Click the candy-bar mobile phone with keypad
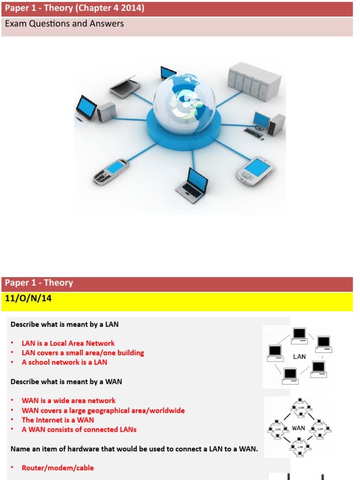111,171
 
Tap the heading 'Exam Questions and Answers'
64,23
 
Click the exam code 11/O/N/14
28,299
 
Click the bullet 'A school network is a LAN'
64,362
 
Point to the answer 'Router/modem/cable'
58,468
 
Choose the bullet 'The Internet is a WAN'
58,420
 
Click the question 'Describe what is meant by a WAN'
66,382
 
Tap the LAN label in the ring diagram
299,356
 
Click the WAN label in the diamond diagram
299,427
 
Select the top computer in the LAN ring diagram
299,334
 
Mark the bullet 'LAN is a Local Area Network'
68,343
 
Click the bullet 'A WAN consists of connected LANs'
79,429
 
